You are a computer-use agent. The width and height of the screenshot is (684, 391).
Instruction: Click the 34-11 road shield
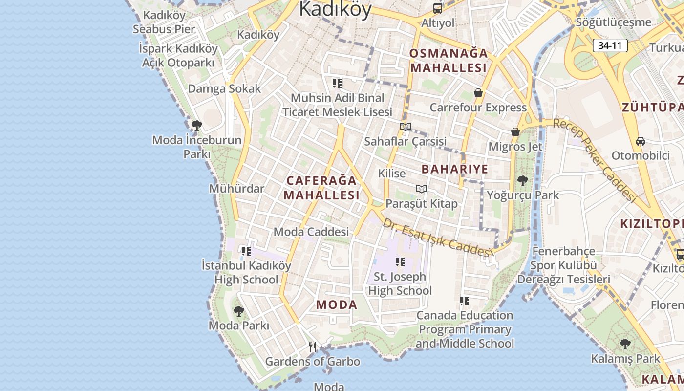610,46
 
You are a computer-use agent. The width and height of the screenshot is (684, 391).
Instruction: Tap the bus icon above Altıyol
438,8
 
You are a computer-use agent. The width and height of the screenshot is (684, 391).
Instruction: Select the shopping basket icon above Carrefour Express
478,93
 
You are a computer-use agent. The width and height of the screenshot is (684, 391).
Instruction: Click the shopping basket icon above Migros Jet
515,132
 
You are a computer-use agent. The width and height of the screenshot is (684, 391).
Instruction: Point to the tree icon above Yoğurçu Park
522,181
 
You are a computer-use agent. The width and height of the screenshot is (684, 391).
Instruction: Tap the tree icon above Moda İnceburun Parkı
196,126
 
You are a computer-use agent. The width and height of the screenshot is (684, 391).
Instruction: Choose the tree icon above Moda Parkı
238,311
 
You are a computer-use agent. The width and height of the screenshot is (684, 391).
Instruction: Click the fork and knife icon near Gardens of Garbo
313,347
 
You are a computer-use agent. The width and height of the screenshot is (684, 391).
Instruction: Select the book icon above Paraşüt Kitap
421,189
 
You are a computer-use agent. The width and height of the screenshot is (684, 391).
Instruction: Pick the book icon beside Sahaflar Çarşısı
405,127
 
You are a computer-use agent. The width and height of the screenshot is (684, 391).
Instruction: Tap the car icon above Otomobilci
640,141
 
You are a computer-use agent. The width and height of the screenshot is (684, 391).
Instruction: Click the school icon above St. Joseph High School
400,262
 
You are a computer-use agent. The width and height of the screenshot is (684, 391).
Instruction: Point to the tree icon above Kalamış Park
625,344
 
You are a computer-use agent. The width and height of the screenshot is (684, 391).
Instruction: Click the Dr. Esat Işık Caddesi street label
436,237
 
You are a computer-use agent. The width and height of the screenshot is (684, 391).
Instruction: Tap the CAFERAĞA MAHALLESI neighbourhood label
321,188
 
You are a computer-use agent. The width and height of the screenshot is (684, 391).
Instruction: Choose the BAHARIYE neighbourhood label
454,169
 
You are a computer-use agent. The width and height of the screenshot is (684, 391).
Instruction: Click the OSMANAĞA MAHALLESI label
448,60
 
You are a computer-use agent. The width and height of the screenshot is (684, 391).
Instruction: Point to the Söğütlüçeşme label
613,22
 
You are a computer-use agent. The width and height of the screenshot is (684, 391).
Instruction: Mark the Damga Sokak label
224,89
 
